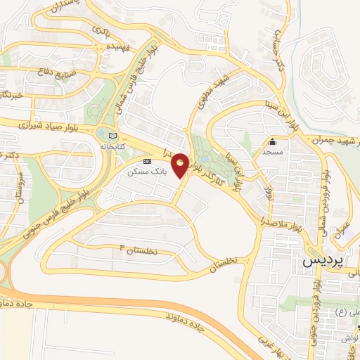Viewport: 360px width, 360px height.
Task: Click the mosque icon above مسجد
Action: coord(272,141)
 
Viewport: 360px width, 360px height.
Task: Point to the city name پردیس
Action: coord(323,259)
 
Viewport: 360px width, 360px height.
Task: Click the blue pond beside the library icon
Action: coord(105,134)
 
